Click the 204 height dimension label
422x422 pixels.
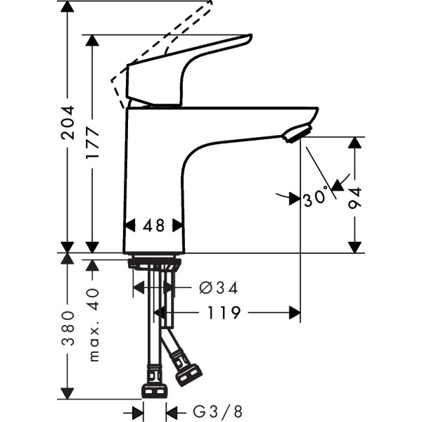click(x=67, y=123)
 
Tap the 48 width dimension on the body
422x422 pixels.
click(x=153, y=226)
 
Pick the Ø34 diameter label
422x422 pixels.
click(x=219, y=288)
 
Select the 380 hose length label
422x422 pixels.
click(x=67, y=328)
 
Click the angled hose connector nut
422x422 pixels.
click(x=188, y=373)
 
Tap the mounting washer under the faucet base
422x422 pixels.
click(x=154, y=264)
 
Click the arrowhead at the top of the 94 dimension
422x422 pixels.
click(x=355, y=143)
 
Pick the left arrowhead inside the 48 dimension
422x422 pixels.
click(x=129, y=226)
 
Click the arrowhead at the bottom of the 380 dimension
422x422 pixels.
click(x=67, y=392)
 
